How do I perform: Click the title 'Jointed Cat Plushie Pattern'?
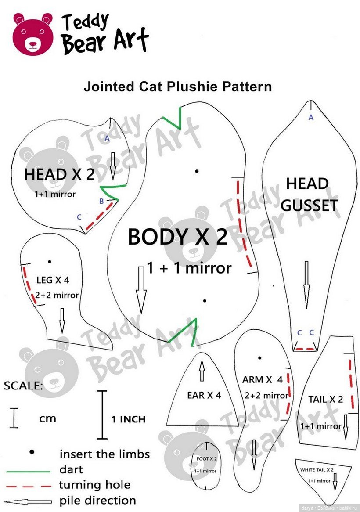point(178,87)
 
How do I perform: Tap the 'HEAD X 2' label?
point(59,174)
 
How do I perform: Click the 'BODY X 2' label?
point(177,238)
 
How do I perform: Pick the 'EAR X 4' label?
point(204,395)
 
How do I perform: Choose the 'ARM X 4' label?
point(263,379)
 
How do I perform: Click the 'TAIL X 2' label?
point(325,399)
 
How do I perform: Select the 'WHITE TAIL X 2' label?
point(317,470)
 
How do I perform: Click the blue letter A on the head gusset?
point(311,117)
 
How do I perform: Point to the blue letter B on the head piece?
point(101,202)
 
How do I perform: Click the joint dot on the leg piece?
point(50,262)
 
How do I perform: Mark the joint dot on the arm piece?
point(260,358)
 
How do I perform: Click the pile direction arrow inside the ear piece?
point(202,371)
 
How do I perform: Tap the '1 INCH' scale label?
point(128,419)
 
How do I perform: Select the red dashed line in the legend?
point(29,486)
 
